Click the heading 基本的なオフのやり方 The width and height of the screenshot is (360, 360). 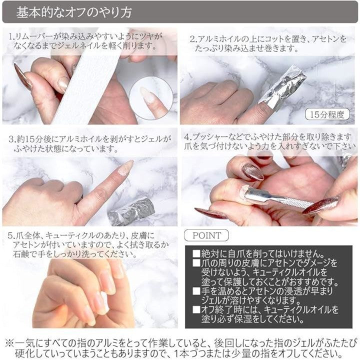(74, 12)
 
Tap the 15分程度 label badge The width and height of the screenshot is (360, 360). (327, 114)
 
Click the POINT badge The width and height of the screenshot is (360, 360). (206, 235)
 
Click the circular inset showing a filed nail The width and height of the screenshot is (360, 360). (151, 98)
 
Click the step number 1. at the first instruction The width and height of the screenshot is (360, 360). (12, 36)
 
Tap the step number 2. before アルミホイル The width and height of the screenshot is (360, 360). (194, 39)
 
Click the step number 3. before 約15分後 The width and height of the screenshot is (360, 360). (12, 139)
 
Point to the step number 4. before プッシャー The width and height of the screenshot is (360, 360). (188, 137)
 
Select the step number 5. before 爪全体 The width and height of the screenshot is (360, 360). (11, 236)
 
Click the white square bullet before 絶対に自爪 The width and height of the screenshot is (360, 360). (196, 253)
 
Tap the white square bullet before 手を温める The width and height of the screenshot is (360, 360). (196, 291)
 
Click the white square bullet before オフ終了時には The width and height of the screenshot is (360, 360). (196, 309)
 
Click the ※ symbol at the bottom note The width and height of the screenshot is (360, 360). (10, 343)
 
